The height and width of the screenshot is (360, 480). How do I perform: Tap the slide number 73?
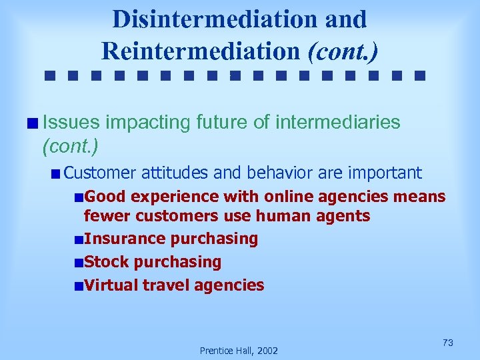click(447, 343)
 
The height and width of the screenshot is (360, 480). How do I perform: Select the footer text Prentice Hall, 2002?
click(239, 351)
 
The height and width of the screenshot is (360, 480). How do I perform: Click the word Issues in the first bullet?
click(71, 122)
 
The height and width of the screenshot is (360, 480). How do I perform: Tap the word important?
click(385, 173)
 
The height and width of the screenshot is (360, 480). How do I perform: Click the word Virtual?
click(111, 285)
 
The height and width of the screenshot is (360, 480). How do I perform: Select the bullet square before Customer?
click(56, 174)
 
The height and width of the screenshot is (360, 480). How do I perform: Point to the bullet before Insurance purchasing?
click(79, 239)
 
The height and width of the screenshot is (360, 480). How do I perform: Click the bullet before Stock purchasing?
click(79, 263)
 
